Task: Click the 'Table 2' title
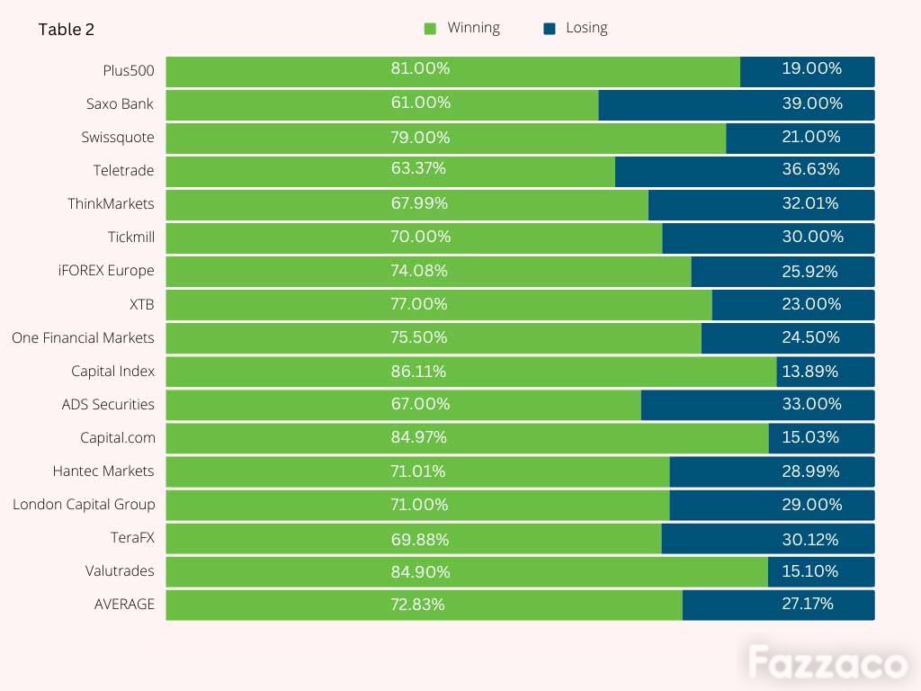click(x=67, y=30)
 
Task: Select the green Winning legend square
click(x=430, y=29)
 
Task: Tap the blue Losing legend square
click(x=550, y=29)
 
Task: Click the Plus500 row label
click(x=128, y=70)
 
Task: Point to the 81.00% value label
click(x=421, y=68)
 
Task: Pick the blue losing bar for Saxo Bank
click(x=737, y=105)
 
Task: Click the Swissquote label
click(x=118, y=138)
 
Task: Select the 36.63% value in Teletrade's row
click(x=810, y=169)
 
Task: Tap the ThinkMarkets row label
click(x=111, y=204)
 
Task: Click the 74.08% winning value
click(x=419, y=271)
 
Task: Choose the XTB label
click(x=141, y=304)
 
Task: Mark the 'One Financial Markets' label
click(x=83, y=338)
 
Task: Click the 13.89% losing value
click(x=810, y=372)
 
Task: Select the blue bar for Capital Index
click(x=826, y=372)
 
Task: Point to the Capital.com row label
click(x=118, y=438)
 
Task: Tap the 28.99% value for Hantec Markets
click(x=810, y=471)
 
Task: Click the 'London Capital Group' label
click(x=84, y=505)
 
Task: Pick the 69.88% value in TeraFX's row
click(x=420, y=540)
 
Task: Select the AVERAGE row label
click(x=124, y=604)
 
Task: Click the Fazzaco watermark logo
click(x=827, y=663)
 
